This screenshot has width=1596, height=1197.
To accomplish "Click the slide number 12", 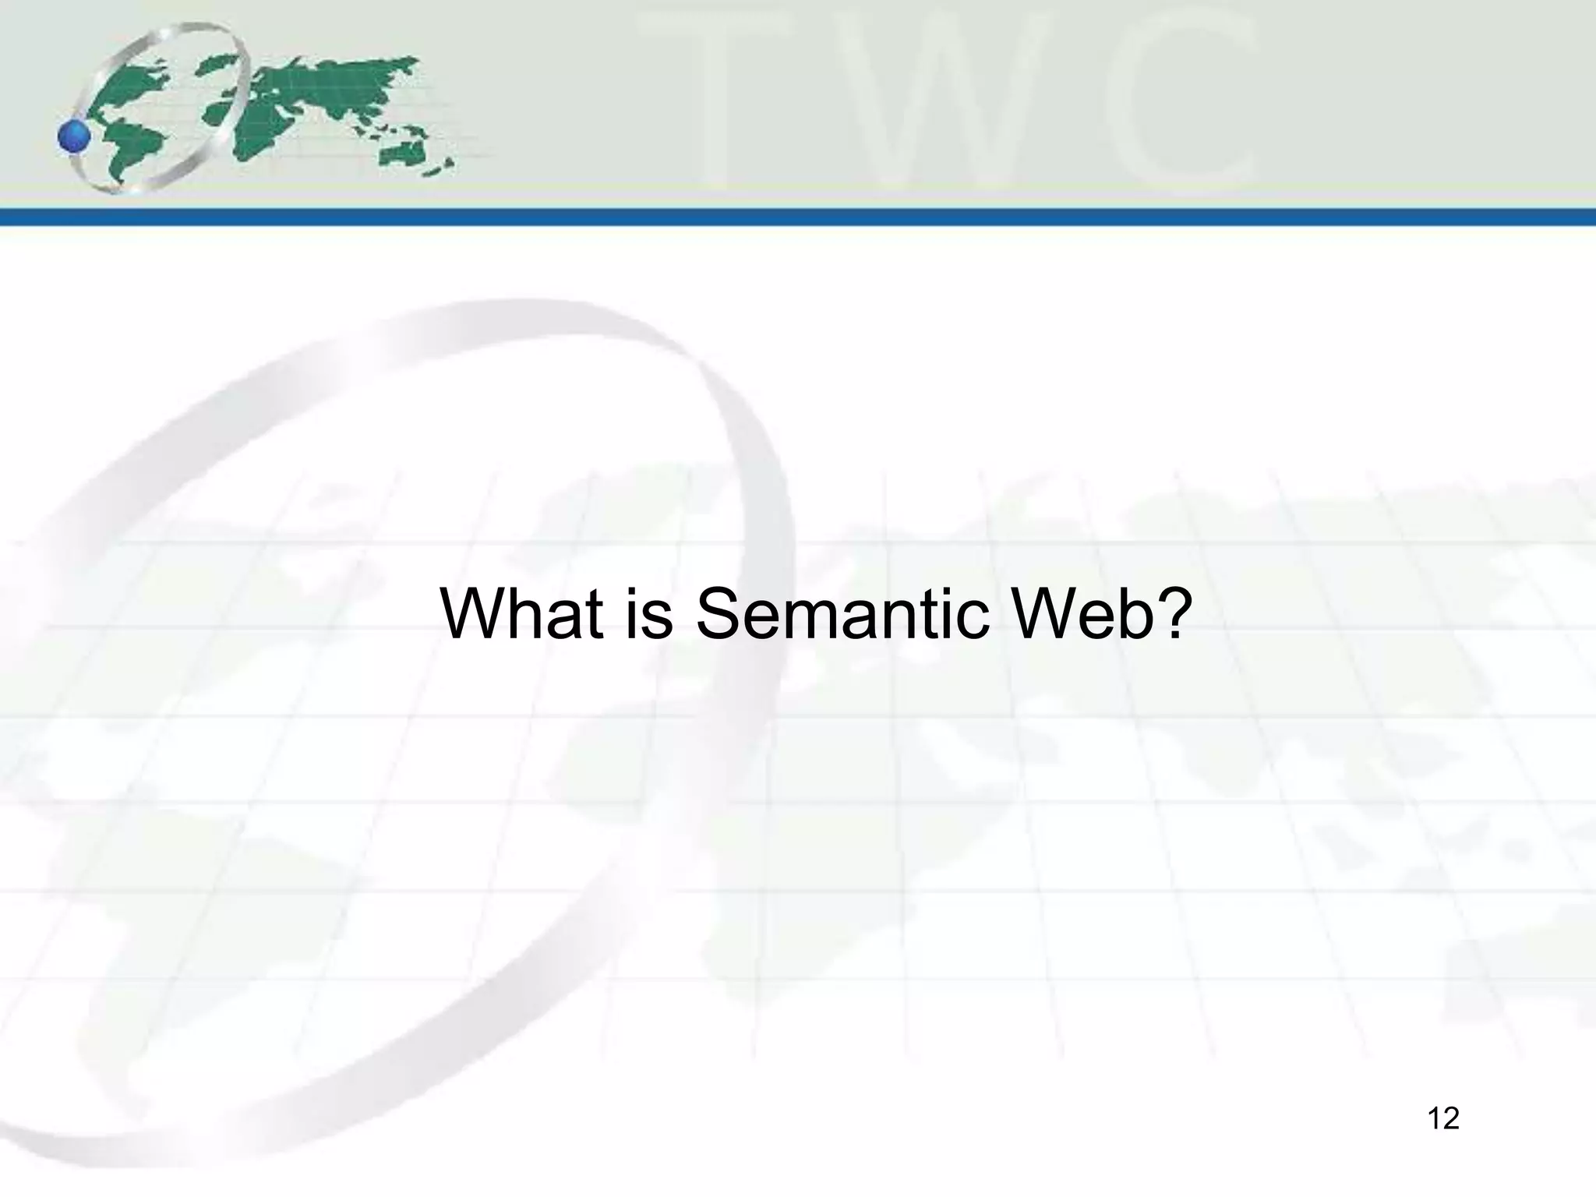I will (x=1443, y=1119).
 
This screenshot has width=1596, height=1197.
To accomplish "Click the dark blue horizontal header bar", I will (x=798, y=217).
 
